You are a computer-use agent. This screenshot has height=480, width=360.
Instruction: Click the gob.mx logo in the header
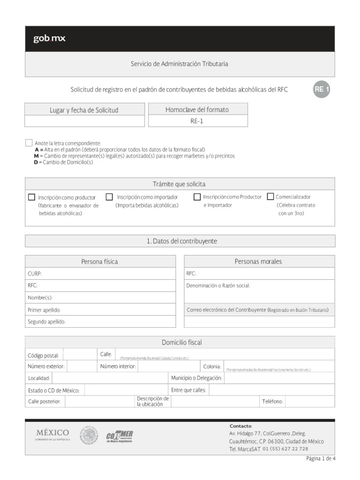point(49,39)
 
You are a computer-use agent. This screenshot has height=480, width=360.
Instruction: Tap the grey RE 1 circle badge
point(322,90)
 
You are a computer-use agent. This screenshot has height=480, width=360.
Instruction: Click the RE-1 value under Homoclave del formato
point(198,121)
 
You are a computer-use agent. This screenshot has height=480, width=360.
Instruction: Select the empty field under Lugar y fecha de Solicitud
point(85,121)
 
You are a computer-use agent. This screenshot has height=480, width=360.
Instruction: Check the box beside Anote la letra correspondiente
point(29,142)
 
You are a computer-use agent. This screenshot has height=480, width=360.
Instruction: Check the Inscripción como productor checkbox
point(32,197)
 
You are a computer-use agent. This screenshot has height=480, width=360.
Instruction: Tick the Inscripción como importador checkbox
point(109,197)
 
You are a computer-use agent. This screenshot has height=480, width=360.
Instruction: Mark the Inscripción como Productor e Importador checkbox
point(197,197)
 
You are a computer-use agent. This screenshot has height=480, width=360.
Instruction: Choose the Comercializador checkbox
point(270,196)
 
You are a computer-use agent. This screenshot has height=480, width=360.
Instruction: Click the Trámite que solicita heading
point(180,184)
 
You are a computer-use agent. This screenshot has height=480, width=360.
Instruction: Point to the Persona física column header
point(100,262)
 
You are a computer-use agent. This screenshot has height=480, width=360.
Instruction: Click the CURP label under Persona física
point(35,273)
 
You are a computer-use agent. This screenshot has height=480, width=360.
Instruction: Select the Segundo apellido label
point(46,322)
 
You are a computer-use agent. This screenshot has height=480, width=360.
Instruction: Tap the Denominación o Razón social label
point(218,285)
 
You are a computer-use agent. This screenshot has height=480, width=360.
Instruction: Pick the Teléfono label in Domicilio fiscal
point(272,402)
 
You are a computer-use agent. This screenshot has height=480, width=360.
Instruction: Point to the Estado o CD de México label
point(53,390)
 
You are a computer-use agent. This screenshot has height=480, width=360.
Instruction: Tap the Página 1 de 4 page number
point(321,458)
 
